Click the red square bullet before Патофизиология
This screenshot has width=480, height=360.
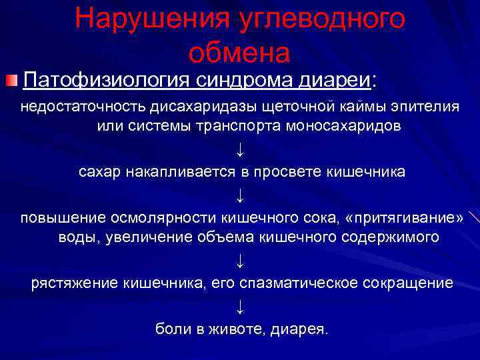pos(11,81)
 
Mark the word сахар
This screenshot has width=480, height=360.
pos(96,172)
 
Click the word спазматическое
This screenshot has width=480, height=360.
pos(299,283)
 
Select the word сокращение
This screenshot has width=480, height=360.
pos(409,283)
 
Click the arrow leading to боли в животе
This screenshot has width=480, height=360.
pos(240,306)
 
